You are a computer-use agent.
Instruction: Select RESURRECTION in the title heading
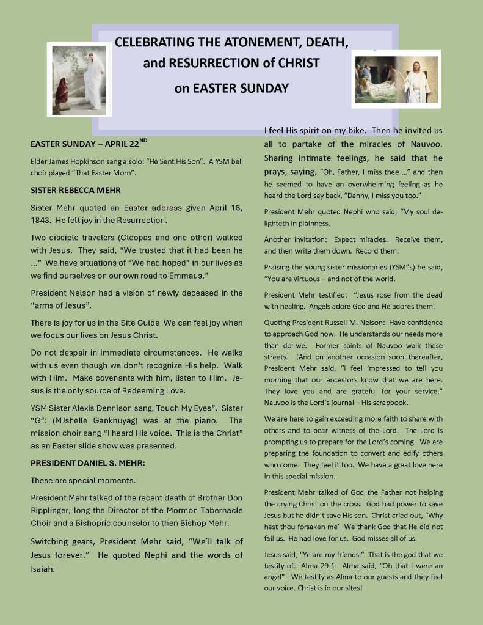pos(220,63)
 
